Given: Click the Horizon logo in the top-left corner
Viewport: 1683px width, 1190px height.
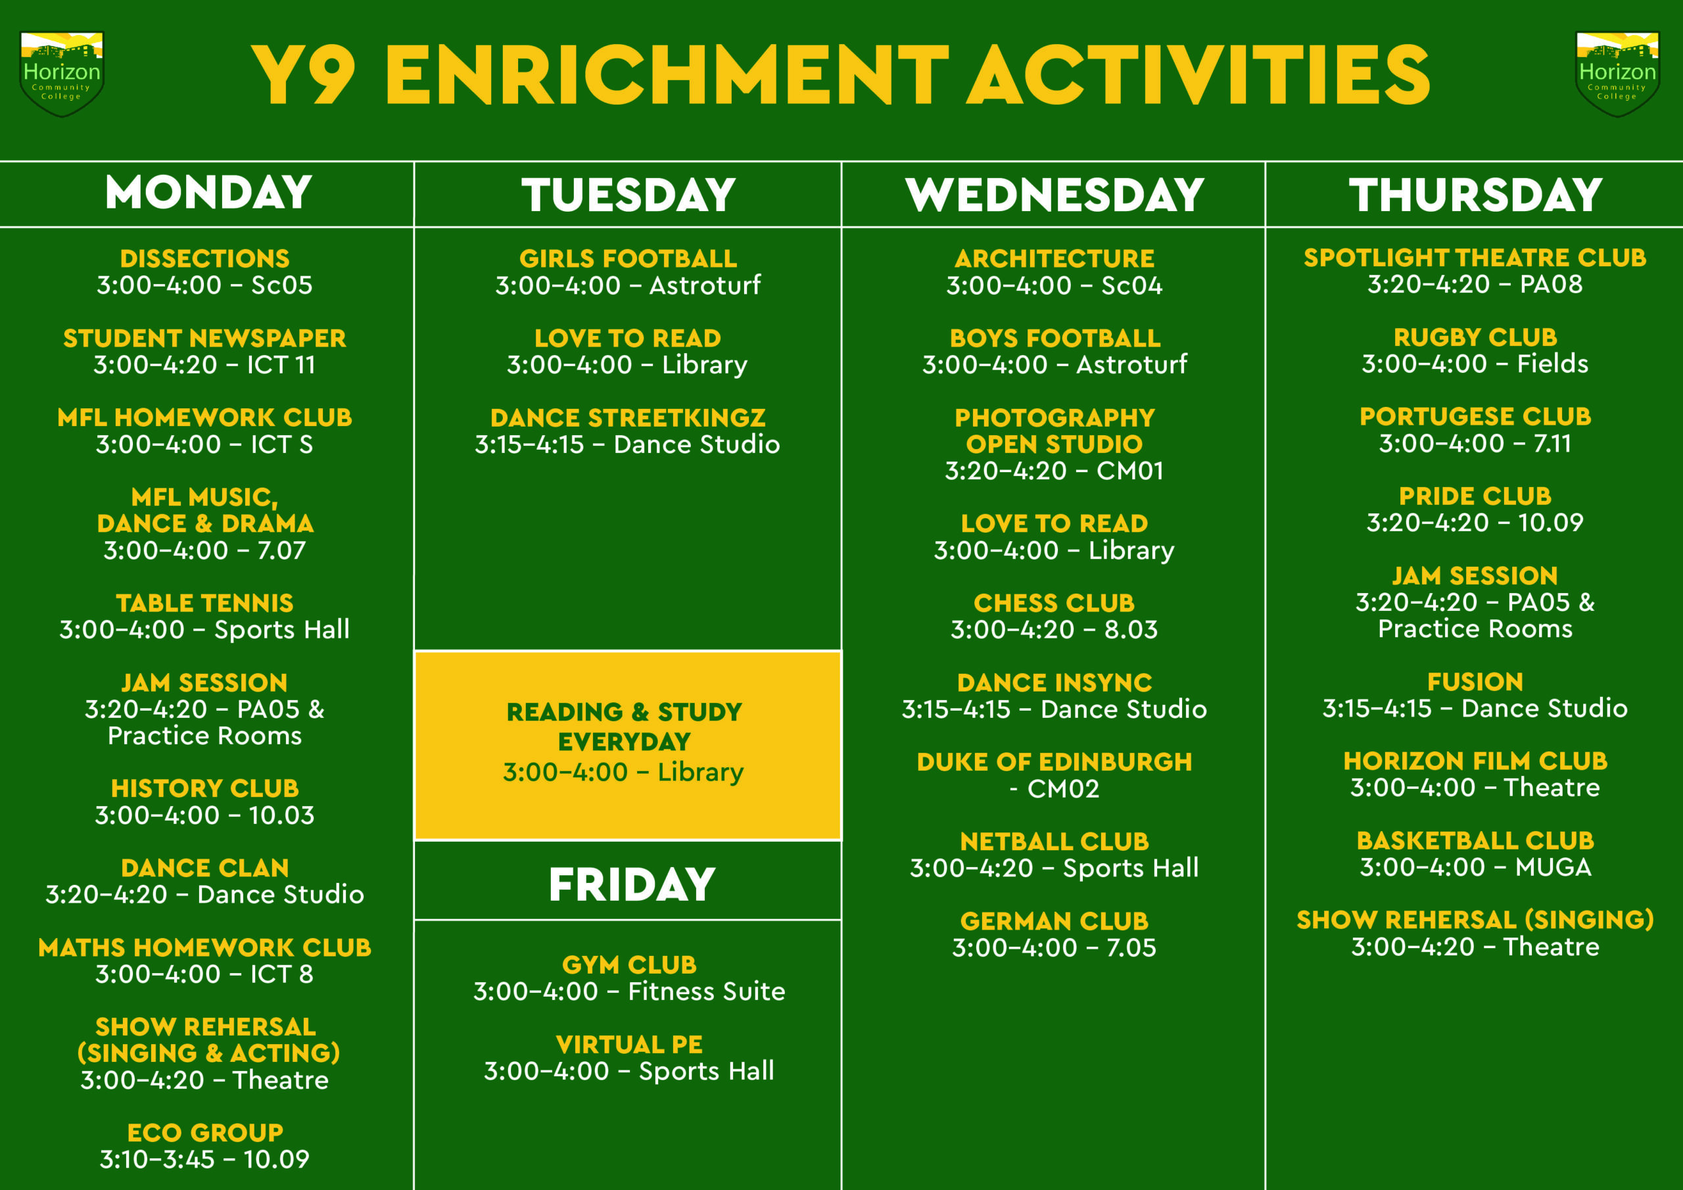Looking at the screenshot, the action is tap(62, 74).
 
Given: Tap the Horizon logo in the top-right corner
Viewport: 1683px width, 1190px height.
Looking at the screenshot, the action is tap(1617, 74).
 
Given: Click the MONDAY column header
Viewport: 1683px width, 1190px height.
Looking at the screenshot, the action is tap(208, 192).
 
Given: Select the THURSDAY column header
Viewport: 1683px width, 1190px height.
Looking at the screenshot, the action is tap(1475, 195).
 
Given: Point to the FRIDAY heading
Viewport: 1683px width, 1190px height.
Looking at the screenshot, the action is tap(631, 884).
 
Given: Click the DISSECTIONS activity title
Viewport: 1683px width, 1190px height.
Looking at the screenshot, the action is tap(204, 258).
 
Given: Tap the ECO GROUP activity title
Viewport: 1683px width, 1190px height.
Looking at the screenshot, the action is tap(204, 1132).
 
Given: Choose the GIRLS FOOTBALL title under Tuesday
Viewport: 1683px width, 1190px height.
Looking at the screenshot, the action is tap(628, 258).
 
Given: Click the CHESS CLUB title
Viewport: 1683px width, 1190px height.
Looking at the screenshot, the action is tap(1054, 603).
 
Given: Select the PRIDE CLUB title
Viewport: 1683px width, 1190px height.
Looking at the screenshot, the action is tap(1475, 496).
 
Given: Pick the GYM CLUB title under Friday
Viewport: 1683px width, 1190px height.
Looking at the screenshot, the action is tap(629, 964).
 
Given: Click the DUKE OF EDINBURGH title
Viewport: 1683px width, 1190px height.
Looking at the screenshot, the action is tap(1054, 762).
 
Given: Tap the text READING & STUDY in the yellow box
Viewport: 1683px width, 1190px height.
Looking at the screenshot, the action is tap(624, 712).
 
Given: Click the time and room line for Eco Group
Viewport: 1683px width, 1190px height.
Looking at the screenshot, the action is tap(204, 1159).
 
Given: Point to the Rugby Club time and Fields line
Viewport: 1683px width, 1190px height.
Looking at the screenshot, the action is tap(1475, 364).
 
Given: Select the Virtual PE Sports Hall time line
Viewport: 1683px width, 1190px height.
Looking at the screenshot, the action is tap(629, 1070).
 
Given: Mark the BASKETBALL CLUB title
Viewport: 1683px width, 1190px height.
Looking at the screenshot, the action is tap(1475, 840).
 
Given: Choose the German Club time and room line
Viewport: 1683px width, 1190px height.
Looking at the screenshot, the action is tap(1054, 947).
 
